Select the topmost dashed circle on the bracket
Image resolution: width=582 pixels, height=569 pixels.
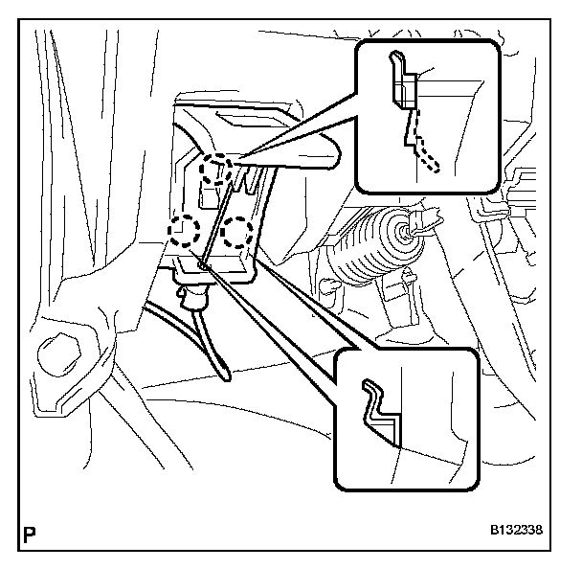(215, 170)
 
